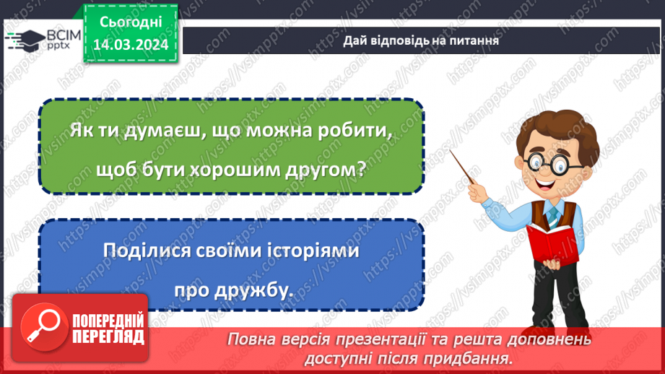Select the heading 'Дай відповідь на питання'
pyautogui.click(x=421, y=40)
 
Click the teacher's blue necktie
pyautogui.click(x=552, y=213)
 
